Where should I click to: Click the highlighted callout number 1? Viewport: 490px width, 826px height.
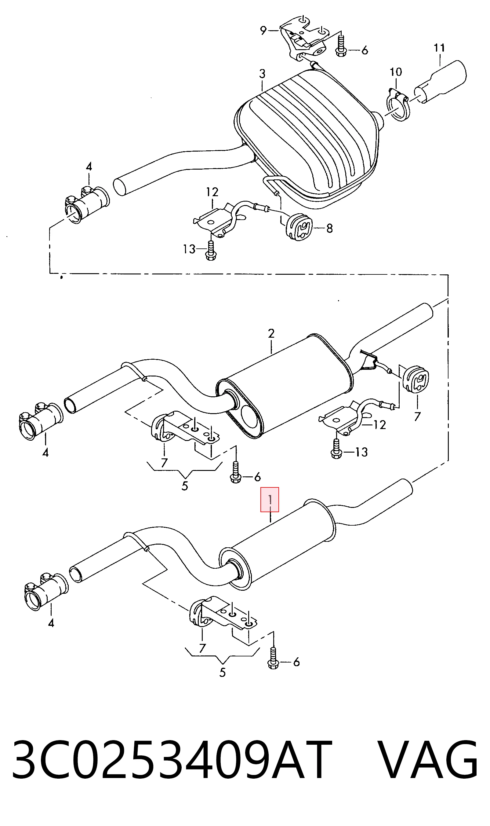270,500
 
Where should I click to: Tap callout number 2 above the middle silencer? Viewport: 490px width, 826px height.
271,333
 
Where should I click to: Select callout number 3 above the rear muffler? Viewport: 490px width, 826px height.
262,74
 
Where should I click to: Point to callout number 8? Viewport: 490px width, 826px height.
329,228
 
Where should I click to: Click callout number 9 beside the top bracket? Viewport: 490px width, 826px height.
263,31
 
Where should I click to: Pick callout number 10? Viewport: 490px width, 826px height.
396,72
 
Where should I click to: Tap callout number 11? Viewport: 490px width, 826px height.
439,48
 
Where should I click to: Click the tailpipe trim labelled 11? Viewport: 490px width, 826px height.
441,83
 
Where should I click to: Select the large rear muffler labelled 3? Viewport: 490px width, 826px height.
307,139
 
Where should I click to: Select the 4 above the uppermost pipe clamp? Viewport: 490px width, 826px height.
89,167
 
